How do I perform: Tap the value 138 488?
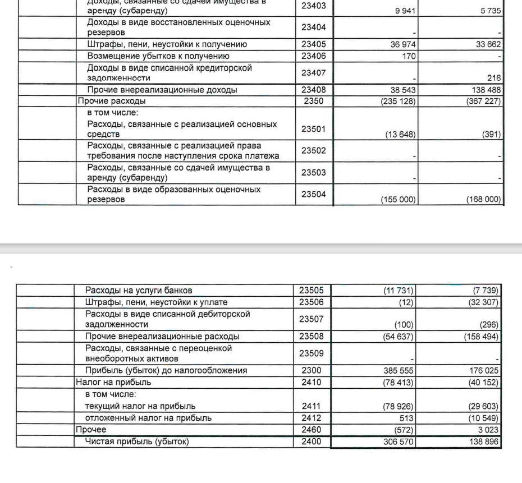click(487, 90)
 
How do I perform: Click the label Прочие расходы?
click(112, 101)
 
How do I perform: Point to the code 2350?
click(314, 101)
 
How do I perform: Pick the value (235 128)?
click(399, 102)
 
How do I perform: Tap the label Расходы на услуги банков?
click(139, 291)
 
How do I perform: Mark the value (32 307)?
click(483, 302)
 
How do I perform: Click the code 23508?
click(312, 337)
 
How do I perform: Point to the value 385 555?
click(399, 371)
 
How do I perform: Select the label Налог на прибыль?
click(113, 382)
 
